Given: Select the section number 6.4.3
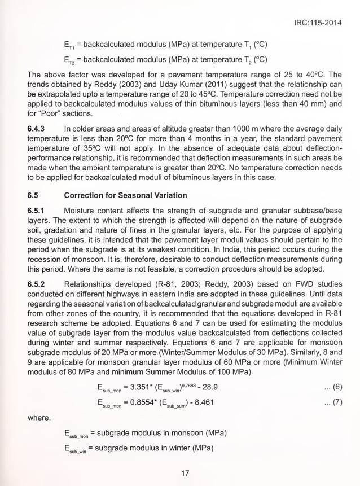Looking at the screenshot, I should pyautogui.click(x=37, y=129).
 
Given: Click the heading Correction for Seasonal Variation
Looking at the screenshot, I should pyautogui.click(x=125, y=195).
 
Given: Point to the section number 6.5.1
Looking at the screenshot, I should pyautogui.click(x=37, y=211).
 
